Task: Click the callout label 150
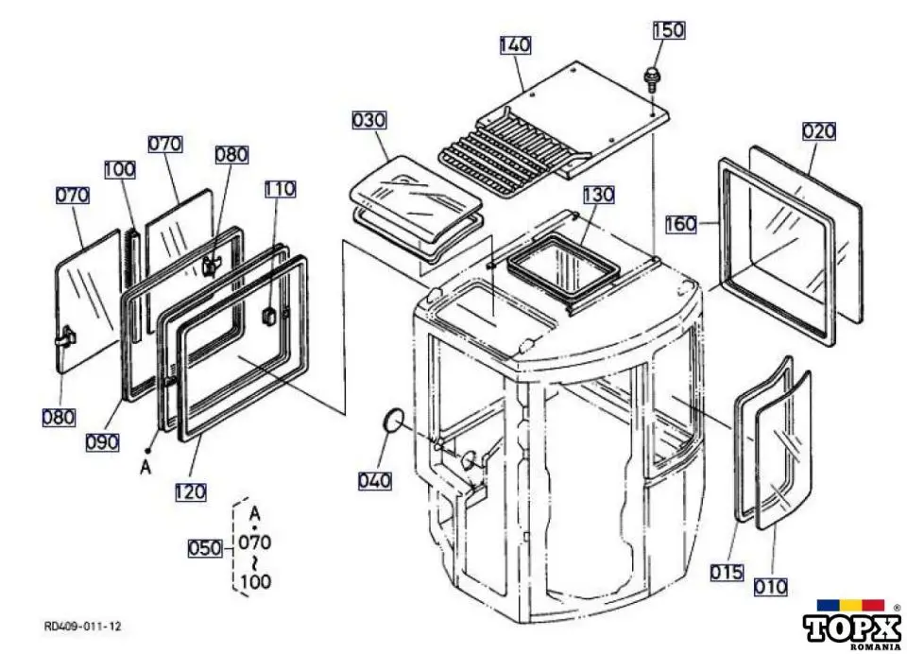pyautogui.click(x=668, y=29)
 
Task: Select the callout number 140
pyautogui.click(x=515, y=44)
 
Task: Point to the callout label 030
pyautogui.click(x=368, y=120)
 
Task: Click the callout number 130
pyautogui.click(x=598, y=195)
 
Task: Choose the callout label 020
pyautogui.click(x=818, y=130)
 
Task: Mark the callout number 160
pyautogui.click(x=680, y=224)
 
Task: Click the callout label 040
pyautogui.click(x=373, y=481)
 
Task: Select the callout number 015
pyautogui.click(x=727, y=572)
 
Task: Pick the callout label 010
pyautogui.click(x=771, y=587)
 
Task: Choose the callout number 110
pyautogui.click(x=280, y=189)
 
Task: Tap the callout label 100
pyautogui.click(x=119, y=169)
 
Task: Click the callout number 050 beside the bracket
pyautogui.click(x=205, y=548)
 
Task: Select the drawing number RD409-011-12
pyautogui.click(x=82, y=627)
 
